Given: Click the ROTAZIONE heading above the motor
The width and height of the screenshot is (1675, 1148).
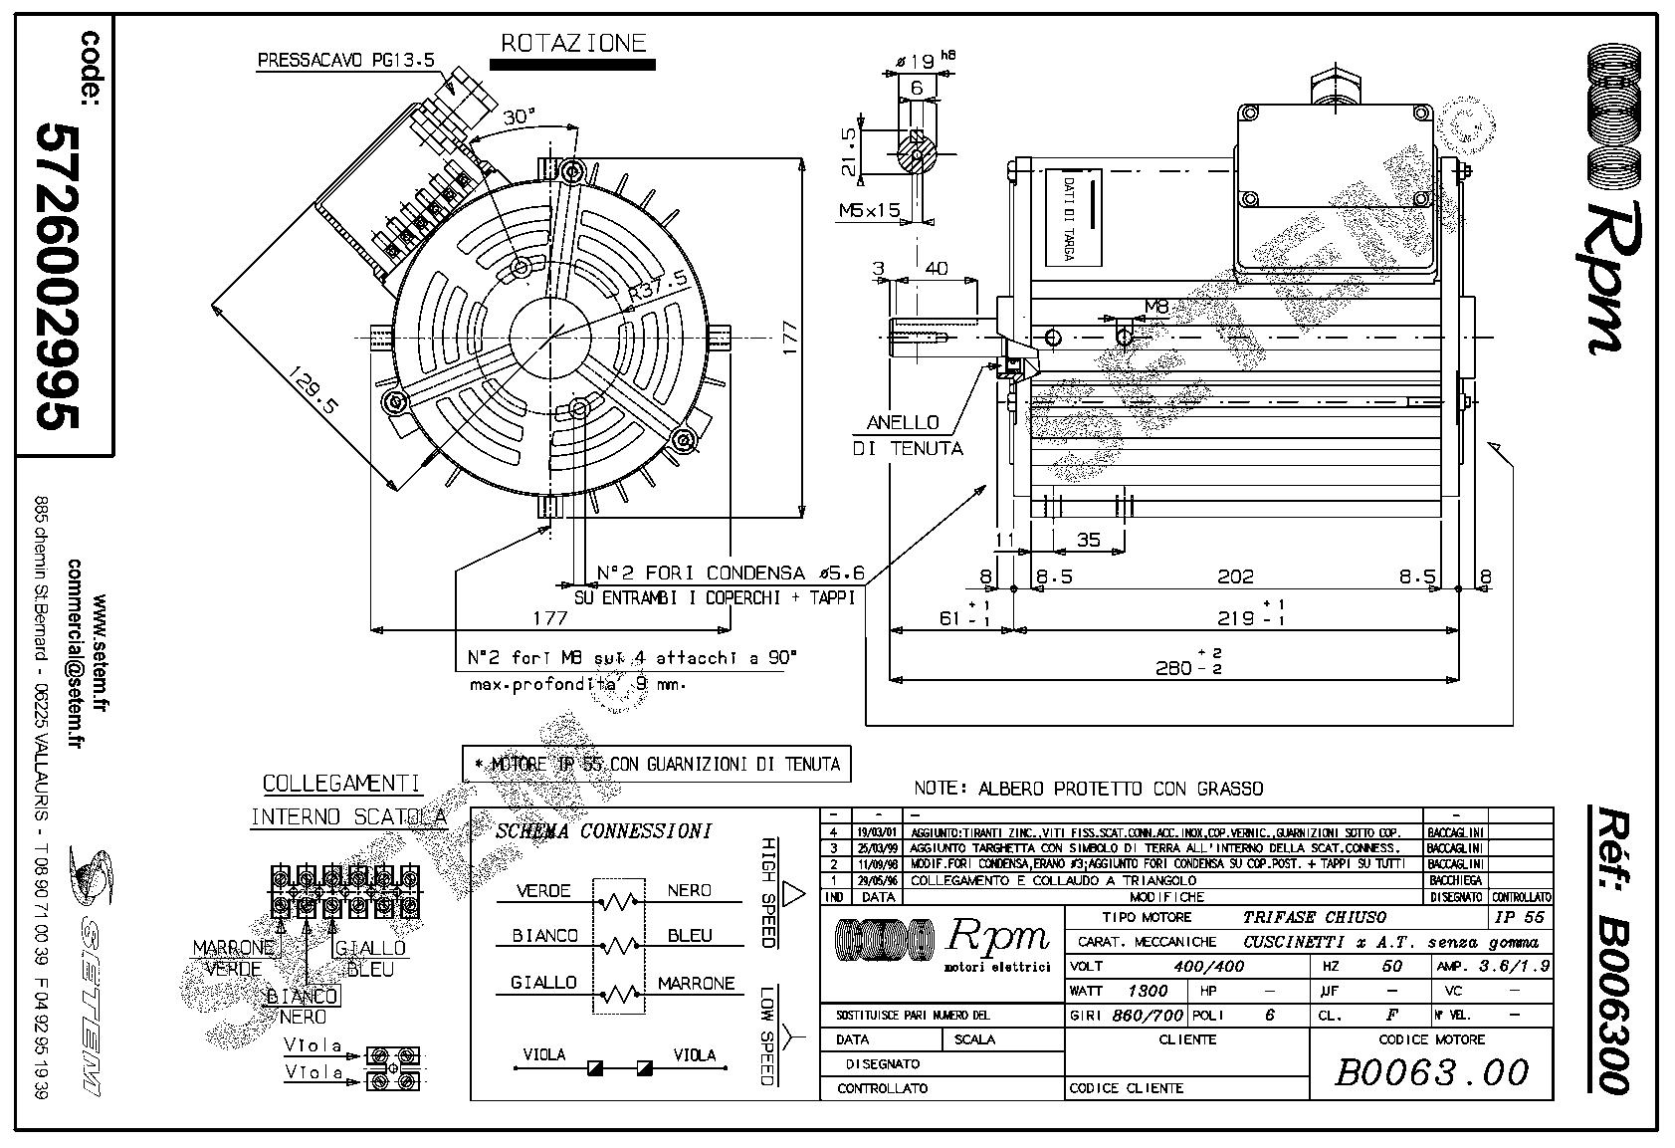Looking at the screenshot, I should point(572,44).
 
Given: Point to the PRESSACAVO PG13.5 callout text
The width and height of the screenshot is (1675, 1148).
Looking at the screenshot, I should point(345,60).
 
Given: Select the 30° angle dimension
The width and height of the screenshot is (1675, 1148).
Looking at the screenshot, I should point(518,117).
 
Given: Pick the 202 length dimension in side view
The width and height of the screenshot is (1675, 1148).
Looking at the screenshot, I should point(1235,576).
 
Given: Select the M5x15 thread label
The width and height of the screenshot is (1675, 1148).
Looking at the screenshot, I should point(868,210).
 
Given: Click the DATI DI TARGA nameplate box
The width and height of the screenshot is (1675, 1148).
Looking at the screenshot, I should point(1073,217).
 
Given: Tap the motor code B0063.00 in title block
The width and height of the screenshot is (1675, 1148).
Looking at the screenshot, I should point(1430,1072).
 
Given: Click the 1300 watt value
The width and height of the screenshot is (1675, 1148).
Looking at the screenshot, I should point(1148,991).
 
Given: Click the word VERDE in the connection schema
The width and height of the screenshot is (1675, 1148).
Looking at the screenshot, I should point(543,891).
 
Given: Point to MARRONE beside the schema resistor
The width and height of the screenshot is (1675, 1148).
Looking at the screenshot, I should point(696,983).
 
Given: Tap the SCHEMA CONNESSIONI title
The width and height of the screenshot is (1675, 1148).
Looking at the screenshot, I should point(603,831).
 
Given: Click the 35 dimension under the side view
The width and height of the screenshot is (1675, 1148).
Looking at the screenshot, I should point(1089,540).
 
